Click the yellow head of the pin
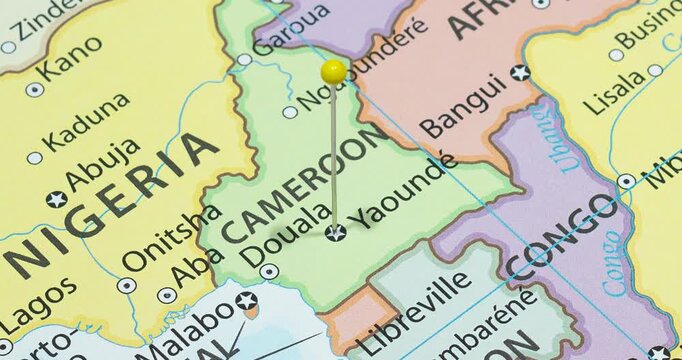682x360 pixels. (333, 71)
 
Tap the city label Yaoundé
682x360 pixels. (403, 190)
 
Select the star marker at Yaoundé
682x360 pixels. (335, 232)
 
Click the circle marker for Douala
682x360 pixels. (268, 270)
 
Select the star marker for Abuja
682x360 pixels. (56, 199)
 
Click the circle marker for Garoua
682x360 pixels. (245, 60)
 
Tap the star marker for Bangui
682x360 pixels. (520, 72)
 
